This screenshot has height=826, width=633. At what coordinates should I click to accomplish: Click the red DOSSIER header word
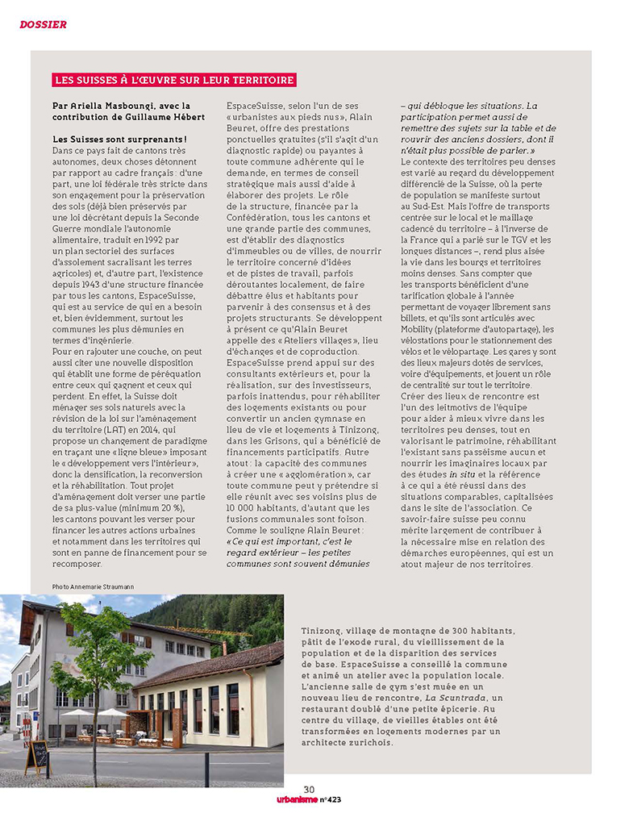pyautogui.click(x=44, y=24)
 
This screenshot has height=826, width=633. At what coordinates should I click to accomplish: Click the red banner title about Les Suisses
pyautogui.click(x=173, y=80)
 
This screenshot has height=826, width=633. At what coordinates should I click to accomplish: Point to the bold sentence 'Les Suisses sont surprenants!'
pyautogui.click(x=119, y=140)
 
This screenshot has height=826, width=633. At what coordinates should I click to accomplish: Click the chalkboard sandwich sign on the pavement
pyautogui.click(x=37, y=757)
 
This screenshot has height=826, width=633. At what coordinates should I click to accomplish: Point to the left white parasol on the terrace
pyautogui.click(x=77, y=713)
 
